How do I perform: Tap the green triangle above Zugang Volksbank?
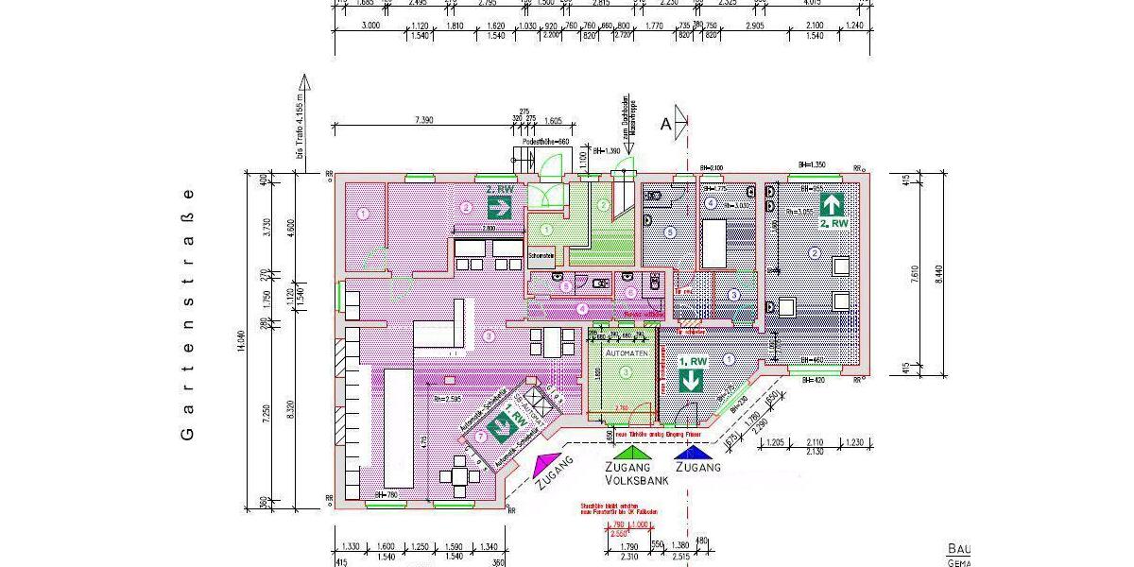coord(630,451)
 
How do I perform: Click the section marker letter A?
coord(666,123)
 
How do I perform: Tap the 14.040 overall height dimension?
coord(245,341)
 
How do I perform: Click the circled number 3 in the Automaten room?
coord(625,373)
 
